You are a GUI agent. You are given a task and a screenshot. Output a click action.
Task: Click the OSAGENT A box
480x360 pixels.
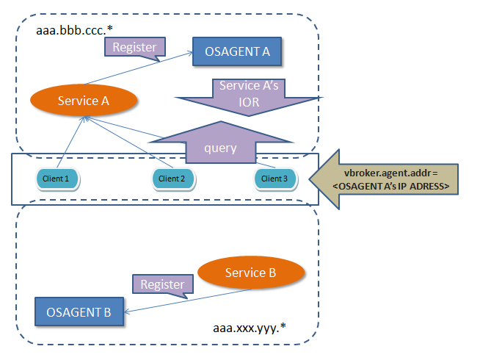(x=238, y=52)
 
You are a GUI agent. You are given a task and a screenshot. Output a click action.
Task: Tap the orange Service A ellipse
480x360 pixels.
(x=84, y=101)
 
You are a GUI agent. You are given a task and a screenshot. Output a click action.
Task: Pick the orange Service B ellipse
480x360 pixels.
(x=250, y=273)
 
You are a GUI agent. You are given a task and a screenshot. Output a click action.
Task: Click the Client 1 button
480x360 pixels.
(x=57, y=178)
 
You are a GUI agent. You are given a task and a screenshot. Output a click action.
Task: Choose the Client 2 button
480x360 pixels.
(x=172, y=178)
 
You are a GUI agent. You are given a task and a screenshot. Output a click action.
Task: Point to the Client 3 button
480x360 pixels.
(x=275, y=178)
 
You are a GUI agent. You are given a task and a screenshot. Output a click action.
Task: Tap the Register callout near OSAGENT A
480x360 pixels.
(x=134, y=48)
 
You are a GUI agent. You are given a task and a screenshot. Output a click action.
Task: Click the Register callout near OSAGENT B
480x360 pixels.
(x=161, y=284)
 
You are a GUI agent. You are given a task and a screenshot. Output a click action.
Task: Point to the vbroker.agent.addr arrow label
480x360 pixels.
(x=395, y=181)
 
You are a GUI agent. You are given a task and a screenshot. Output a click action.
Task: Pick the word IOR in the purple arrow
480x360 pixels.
(x=250, y=103)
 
